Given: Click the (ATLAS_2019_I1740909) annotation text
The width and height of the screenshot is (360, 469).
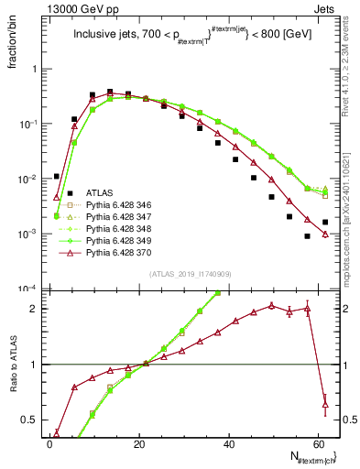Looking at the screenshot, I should point(190,273).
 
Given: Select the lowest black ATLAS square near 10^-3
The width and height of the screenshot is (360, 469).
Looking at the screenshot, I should point(308,236).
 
